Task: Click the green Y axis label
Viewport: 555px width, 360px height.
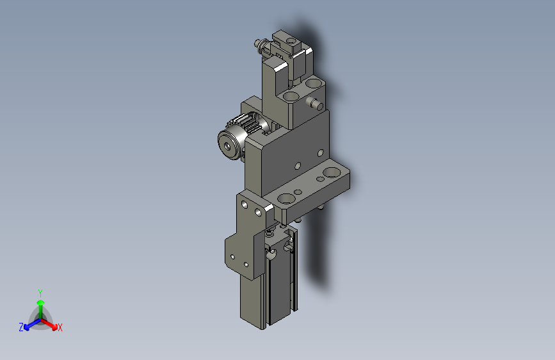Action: (x=40, y=293)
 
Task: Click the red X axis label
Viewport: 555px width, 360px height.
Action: (x=60, y=327)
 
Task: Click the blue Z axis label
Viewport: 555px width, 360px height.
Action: (x=21, y=327)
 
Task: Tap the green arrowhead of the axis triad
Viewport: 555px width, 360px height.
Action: (x=41, y=303)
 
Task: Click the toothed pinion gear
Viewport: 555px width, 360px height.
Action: (x=248, y=125)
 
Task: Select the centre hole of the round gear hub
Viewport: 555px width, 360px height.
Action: (x=227, y=145)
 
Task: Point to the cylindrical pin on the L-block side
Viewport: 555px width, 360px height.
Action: (x=315, y=104)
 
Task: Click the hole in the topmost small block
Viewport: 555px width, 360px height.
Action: (x=291, y=41)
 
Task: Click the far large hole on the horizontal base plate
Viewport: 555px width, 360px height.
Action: (x=332, y=172)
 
